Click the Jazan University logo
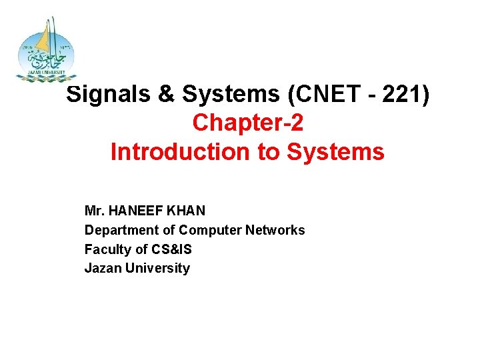coord(46,50)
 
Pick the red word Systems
coord(336,152)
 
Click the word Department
coord(119,230)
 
